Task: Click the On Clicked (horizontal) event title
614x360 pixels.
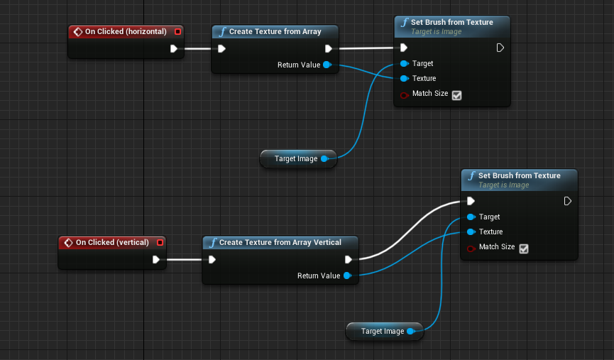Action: [x=126, y=31]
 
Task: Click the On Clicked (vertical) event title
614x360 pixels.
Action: [x=112, y=242]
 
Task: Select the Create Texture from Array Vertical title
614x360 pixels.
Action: [x=280, y=242]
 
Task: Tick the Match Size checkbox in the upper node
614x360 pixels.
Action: [x=456, y=94]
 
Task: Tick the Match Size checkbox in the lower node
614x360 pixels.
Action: [x=523, y=248]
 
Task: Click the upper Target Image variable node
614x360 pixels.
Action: [x=297, y=158]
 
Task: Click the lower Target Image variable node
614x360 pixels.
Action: [x=383, y=331]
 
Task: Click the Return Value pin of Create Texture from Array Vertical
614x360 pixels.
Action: [x=347, y=276]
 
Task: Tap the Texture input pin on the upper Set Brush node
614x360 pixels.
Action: [x=405, y=78]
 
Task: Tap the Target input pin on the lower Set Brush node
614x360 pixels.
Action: [x=471, y=217]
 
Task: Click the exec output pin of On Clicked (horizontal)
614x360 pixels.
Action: [x=174, y=49]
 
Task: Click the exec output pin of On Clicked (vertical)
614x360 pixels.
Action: [x=156, y=259]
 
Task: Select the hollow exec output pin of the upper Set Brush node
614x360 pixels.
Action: [x=500, y=48]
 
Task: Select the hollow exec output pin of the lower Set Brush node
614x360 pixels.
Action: [x=567, y=201]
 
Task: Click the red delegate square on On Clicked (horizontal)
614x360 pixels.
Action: [x=177, y=31]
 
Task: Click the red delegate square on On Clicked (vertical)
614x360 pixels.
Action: [x=160, y=242]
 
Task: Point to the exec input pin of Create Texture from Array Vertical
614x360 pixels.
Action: [x=212, y=259]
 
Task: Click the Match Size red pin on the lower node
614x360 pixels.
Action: [x=471, y=247]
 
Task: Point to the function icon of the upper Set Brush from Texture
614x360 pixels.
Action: [x=404, y=22]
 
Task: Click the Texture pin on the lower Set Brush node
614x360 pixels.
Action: [x=471, y=231]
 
